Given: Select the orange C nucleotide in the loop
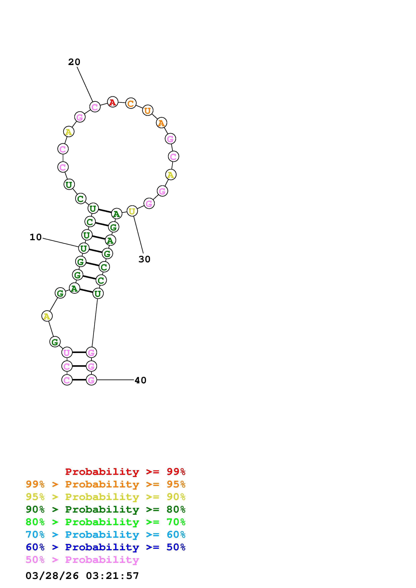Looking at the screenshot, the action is pyautogui.click(x=131, y=103).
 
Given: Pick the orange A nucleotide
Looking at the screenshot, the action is pyautogui.click(x=161, y=123).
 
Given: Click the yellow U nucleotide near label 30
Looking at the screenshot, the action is pyautogui.click(x=132, y=211).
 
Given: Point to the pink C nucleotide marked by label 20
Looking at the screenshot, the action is pyautogui.click(x=95, y=107).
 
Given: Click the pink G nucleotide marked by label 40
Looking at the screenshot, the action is pyautogui.click(x=91, y=380).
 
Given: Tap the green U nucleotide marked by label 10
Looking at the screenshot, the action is pyautogui.click(x=84, y=248).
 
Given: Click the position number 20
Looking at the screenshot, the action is pyautogui.click(x=74, y=62).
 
